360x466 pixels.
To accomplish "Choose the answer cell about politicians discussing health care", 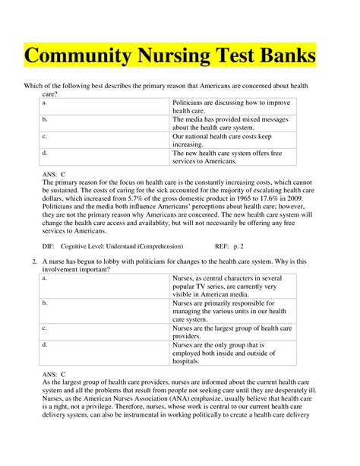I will (220, 105).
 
